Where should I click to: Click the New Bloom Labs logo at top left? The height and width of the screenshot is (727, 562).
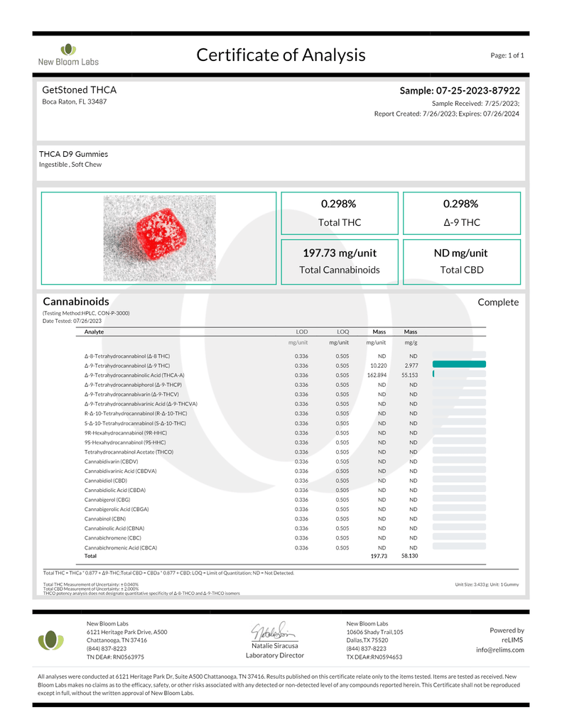point(67,54)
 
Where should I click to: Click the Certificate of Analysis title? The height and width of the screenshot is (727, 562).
point(281,55)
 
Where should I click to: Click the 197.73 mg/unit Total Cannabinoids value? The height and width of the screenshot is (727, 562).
point(340,253)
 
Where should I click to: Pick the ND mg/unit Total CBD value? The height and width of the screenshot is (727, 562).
point(460,253)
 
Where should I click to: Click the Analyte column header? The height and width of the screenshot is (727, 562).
point(94,332)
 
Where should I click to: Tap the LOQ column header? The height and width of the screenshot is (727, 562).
point(342,332)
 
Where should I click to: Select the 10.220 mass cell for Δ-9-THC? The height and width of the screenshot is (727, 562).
point(378,365)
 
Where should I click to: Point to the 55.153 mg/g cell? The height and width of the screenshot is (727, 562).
point(409,375)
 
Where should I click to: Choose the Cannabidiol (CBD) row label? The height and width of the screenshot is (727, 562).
point(106,481)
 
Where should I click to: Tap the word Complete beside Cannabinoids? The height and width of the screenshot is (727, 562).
point(498,302)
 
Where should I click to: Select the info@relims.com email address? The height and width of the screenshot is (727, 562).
point(500,650)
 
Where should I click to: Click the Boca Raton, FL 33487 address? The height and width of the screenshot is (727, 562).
point(75,102)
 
